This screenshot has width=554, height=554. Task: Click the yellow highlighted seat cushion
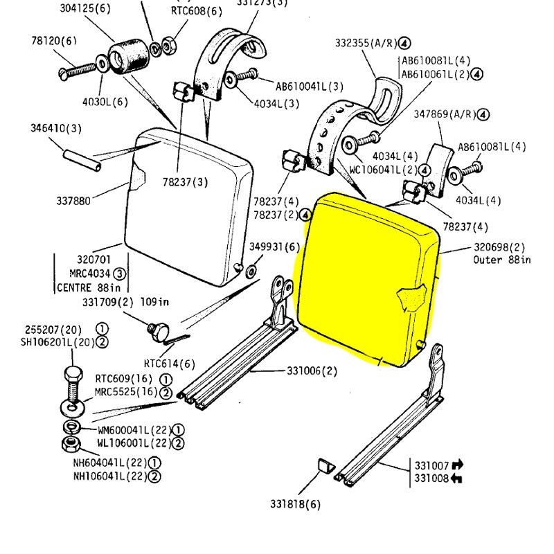367,277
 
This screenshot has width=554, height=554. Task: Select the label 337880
73,201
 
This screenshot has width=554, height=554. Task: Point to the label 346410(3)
56,128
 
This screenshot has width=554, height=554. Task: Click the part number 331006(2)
312,371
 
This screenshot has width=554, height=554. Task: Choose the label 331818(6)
296,504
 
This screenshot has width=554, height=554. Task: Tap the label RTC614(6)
170,363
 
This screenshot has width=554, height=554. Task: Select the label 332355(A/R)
366,43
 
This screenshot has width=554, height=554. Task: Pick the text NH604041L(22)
111,463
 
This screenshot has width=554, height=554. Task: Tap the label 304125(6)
85,9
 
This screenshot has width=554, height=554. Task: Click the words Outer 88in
502,260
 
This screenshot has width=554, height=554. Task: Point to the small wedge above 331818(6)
323,465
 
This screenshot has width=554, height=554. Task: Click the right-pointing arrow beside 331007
458,465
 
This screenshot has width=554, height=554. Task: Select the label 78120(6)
54,41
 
